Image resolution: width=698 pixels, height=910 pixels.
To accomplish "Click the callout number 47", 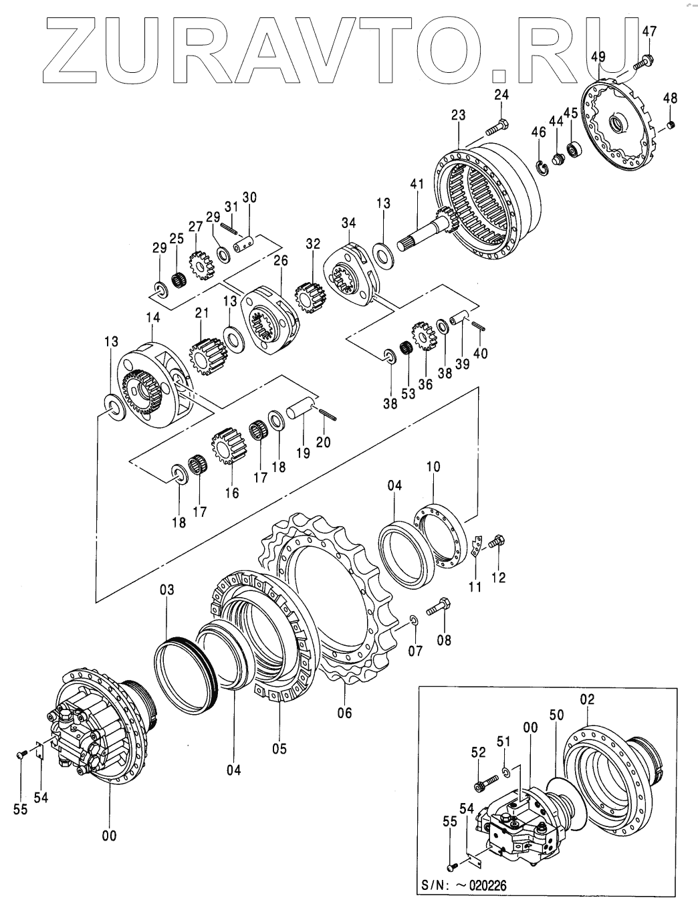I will point(649,31).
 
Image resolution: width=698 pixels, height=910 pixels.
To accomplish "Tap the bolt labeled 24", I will point(497,125).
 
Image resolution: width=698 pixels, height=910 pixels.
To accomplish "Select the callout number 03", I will point(166,590).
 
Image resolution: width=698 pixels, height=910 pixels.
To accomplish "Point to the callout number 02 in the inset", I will point(587,700).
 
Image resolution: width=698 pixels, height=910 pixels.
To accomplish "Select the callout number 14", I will point(152,319).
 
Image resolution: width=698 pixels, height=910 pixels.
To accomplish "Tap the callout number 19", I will point(303,453).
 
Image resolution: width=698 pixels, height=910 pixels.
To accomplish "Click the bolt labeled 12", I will point(497,544).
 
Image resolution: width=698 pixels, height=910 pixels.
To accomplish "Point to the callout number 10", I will point(433,467).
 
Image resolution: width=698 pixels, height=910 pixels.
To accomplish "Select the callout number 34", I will point(350,222).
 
